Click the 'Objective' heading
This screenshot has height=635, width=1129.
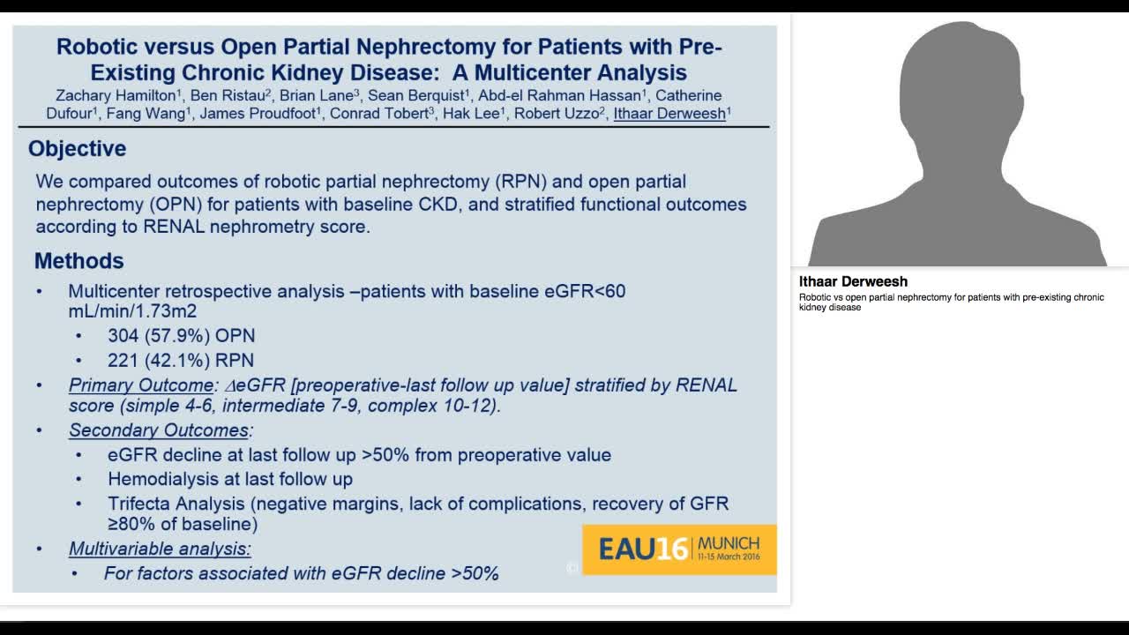[77, 149]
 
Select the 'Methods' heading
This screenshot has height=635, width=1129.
[79, 261]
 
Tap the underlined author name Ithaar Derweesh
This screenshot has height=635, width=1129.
[669, 113]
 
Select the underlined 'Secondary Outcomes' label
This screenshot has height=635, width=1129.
[159, 430]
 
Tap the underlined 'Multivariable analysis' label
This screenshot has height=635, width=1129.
[160, 549]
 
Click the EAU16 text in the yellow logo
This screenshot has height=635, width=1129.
[643, 549]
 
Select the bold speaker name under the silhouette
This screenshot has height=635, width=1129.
[853, 282]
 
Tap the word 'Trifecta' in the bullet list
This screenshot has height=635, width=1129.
[138, 504]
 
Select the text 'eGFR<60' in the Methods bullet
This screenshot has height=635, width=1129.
[589, 291]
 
